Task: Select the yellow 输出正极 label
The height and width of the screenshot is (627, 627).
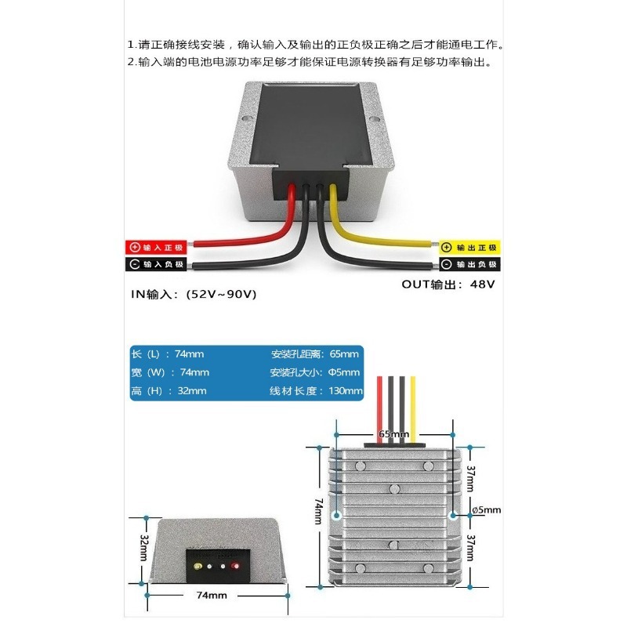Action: tap(469, 248)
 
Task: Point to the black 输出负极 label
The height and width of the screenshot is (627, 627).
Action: tap(469, 265)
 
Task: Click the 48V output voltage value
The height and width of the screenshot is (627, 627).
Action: tap(481, 284)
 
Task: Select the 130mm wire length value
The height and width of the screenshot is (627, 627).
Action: tap(345, 390)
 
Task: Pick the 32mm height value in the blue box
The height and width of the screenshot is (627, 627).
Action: tap(192, 390)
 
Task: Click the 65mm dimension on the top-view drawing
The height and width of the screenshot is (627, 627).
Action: tap(394, 433)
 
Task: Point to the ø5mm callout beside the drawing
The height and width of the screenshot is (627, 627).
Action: tap(486, 510)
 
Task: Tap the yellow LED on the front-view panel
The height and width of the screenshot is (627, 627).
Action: tap(199, 566)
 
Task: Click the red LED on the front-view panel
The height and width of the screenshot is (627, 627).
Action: tap(235, 566)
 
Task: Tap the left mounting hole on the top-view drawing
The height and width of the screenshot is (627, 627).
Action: tap(336, 516)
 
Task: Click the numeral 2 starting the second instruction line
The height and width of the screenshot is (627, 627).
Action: tap(131, 63)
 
